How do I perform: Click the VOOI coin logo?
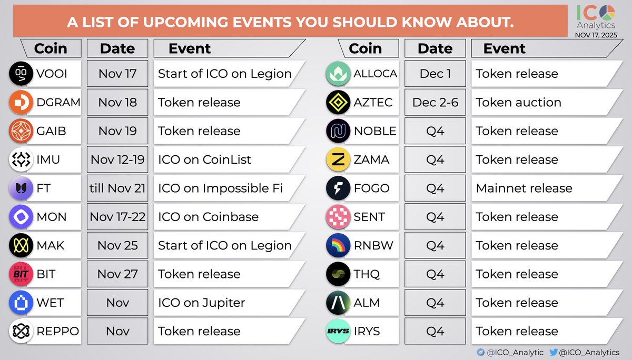pos(21,74)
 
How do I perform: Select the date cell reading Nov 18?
pos(117,102)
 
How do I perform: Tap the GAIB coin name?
pos(51,131)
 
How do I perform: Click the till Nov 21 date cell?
pos(117,188)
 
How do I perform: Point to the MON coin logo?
pos(21,217)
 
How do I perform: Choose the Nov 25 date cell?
pos(117,245)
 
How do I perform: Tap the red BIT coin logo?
pos(21,274)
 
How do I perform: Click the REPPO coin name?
pos(58,331)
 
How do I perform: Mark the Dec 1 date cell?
pos(435,74)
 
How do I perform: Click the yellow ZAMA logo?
pos(338,159)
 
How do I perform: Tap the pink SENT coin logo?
pos(338,217)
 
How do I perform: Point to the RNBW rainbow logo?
pos(338,245)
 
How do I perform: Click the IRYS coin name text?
pos(367,331)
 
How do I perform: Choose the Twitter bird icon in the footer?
pos(554,352)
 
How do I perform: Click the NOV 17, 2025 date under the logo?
pos(596,35)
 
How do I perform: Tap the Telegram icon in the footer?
pos(480,352)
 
